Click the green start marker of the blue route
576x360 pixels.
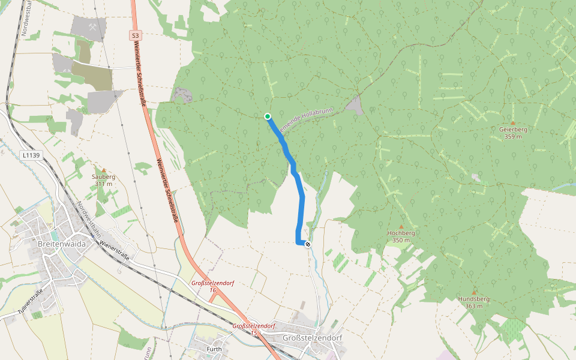[267, 116]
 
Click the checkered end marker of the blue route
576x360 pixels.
[308, 244]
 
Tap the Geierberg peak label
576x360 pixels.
[513, 129]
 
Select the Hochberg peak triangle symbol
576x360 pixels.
[401, 226]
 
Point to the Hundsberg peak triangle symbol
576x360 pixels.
[473, 292]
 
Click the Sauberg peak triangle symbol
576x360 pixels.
[103, 170]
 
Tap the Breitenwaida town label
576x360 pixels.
[62, 245]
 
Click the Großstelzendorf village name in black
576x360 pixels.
[312, 338]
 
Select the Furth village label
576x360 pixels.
[214, 349]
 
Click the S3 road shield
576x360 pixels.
[135, 36]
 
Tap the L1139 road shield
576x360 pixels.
[31, 155]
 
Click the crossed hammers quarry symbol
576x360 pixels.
[92, 27]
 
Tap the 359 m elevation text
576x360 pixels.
[513, 136]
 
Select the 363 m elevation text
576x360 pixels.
[473, 306]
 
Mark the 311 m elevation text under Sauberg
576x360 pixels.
[103, 184]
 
